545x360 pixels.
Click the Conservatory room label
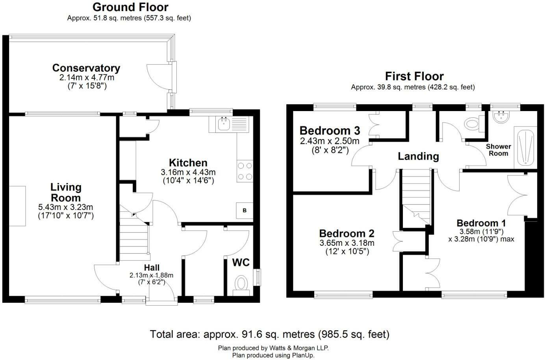[x=86, y=68]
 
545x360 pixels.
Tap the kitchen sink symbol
[x=229, y=124]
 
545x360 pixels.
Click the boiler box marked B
[x=245, y=211]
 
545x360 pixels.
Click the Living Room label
[x=66, y=193]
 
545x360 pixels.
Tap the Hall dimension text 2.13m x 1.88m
[x=151, y=275]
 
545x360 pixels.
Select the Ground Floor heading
[x=130, y=7]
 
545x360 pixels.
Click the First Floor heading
[x=414, y=76]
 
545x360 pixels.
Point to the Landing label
[x=418, y=156]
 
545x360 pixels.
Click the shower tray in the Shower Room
[x=525, y=147]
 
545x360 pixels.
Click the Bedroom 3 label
[x=330, y=131]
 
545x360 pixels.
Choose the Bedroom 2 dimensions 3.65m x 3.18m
[x=347, y=243]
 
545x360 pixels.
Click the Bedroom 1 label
[x=481, y=223]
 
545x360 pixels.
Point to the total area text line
[x=270, y=334]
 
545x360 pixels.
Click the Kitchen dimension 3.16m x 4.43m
[x=188, y=173]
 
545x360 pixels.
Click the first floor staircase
[x=416, y=197]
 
